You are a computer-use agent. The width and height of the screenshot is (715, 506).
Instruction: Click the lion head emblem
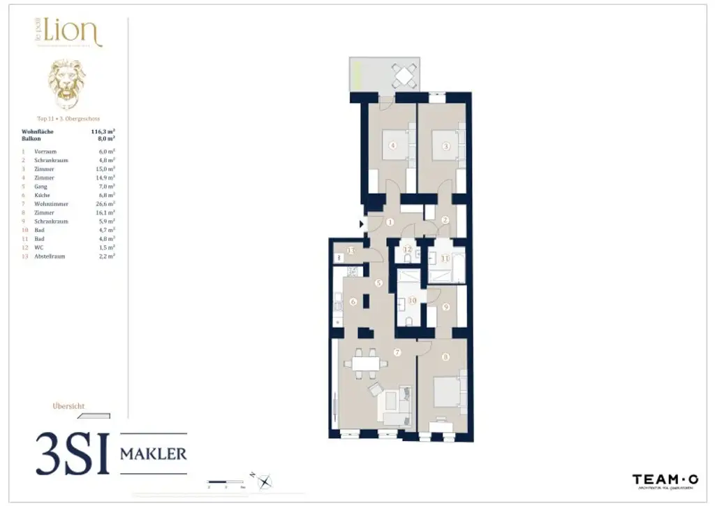tap(66, 84)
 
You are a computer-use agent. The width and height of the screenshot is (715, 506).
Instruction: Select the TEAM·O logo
tap(665, 480)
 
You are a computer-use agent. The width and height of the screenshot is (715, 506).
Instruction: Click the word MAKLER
tap(154, 454)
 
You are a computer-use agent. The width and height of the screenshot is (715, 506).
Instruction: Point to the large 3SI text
tap(73, 454)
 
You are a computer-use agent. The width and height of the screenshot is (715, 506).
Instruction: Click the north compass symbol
tap(265, 481)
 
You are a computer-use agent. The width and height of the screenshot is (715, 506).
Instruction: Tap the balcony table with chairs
tap(405, 73)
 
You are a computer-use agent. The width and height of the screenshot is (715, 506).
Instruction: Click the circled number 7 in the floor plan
tap(397, 352)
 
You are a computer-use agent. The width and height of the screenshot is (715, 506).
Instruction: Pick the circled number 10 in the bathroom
tap(412, 301)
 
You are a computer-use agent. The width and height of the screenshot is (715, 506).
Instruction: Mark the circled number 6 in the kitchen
tap(353, 302)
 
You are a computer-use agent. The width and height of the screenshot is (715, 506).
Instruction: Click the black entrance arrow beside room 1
tap(361, 224)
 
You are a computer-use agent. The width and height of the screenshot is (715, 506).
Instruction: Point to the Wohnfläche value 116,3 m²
tap(103, 131)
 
